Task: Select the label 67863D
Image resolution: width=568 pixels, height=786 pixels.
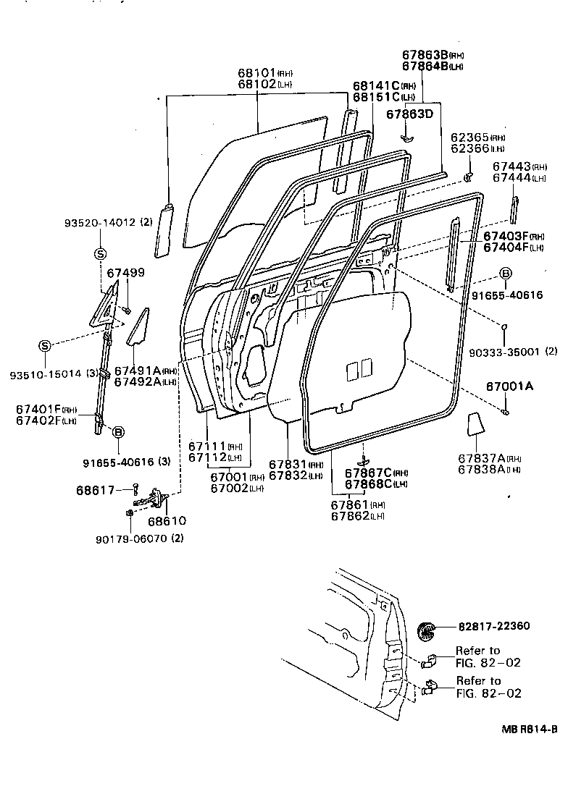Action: [409, 114]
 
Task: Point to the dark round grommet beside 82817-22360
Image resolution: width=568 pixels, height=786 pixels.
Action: [430, 630]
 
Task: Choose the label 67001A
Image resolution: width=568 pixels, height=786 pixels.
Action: [507, 386]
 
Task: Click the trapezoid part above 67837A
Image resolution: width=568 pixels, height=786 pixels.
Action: [475, 423]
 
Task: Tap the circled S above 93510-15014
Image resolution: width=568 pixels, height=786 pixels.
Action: [45, 346]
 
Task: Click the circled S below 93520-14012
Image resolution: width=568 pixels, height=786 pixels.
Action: [100, 253]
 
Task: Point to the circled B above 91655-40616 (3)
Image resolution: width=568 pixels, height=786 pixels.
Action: [118, 431]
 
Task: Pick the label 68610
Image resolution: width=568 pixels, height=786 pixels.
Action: [167, 520]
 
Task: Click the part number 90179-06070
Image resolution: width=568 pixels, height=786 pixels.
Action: [128, 538]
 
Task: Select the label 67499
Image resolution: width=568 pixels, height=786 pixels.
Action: [125, 273]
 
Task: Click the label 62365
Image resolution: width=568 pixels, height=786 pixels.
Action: [469, 137]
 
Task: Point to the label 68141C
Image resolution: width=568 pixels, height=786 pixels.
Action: [377, 85]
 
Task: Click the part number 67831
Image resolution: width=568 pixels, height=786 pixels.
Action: [288, 465]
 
